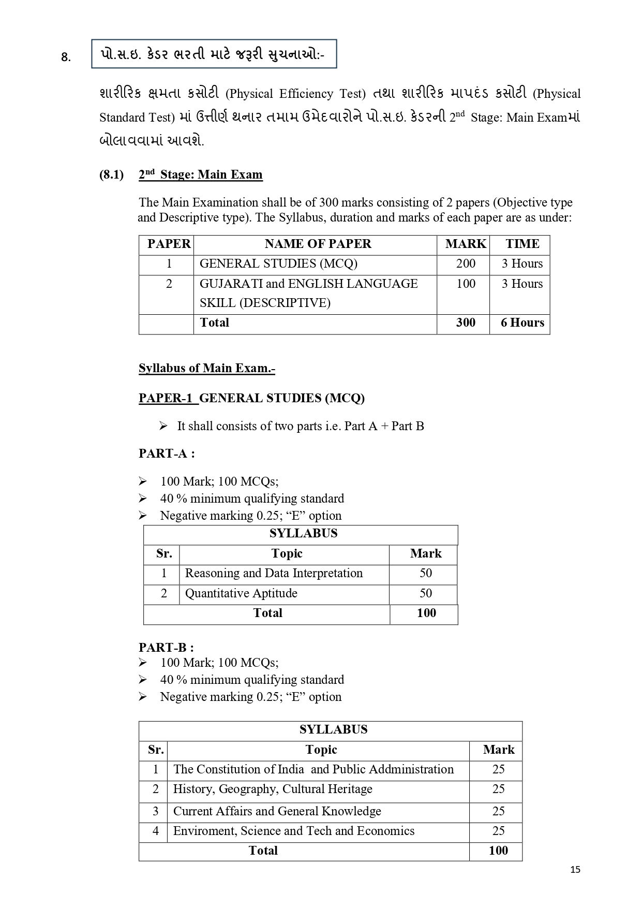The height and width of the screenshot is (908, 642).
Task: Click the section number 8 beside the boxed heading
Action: pyautogui.click(x=66, y=57)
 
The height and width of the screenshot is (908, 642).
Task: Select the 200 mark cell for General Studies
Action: pyautogui.click(x=466, y=263)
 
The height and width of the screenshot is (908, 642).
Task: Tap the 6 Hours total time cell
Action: pyautogui.click(x=522, y=323)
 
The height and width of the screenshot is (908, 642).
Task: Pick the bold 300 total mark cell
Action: pyautogui.click(x=466, y=323)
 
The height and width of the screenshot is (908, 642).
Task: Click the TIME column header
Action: pyautogui.click(x=522, y=244)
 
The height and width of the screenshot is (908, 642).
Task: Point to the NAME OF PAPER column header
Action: pyautogui.click(x=318, y=244)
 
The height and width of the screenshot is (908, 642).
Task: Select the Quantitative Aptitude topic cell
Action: pyautogui.click(x=241, y=593)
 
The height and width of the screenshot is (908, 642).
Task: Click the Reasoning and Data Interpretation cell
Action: pyautogui.click(x=274, y=573)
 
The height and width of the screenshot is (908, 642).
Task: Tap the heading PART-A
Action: pyautogui.click(x=167, y=453)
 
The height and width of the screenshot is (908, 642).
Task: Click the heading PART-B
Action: pyautogui.click(x=166, y=647)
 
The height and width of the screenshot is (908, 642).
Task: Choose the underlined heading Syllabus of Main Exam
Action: pyautogui.click(x=206, y=368)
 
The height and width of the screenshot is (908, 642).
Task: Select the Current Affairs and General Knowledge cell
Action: pyautogui.click(x=277, y=811)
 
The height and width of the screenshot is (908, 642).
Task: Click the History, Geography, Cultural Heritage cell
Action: pyautogui.click(x=273, y=789)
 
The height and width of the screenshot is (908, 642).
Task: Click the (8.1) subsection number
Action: pyautogui.click(x=111, y=174)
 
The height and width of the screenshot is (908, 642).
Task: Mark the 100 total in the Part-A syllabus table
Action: pyautogui.click(x=426, y=613)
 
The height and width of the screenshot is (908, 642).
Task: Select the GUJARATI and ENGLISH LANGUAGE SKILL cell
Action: pyautogui.click(x=308, y=293)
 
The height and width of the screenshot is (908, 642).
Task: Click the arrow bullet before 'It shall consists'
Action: pyautogui.click(x=163, y=426)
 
